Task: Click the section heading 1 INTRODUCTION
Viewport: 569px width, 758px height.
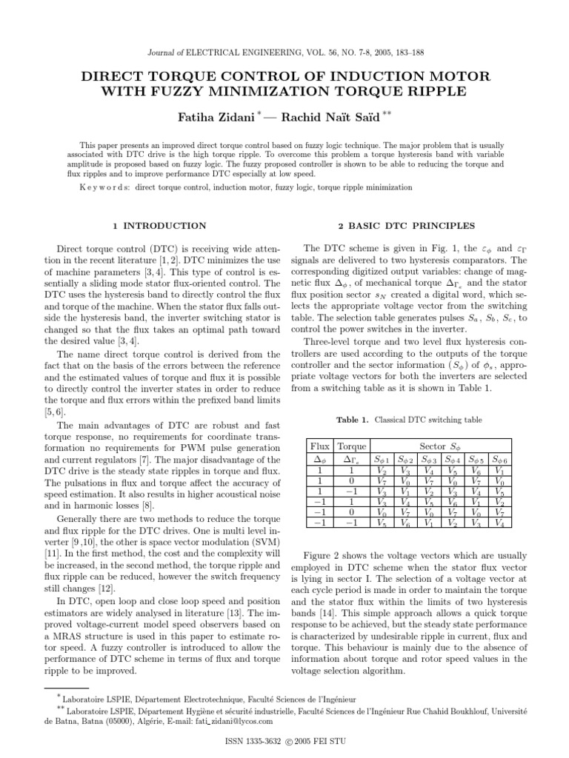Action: (x=159, y=225)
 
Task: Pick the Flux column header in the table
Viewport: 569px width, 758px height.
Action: (x=319, y=446)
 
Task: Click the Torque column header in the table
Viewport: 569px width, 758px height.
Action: (x=352, y=446)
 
